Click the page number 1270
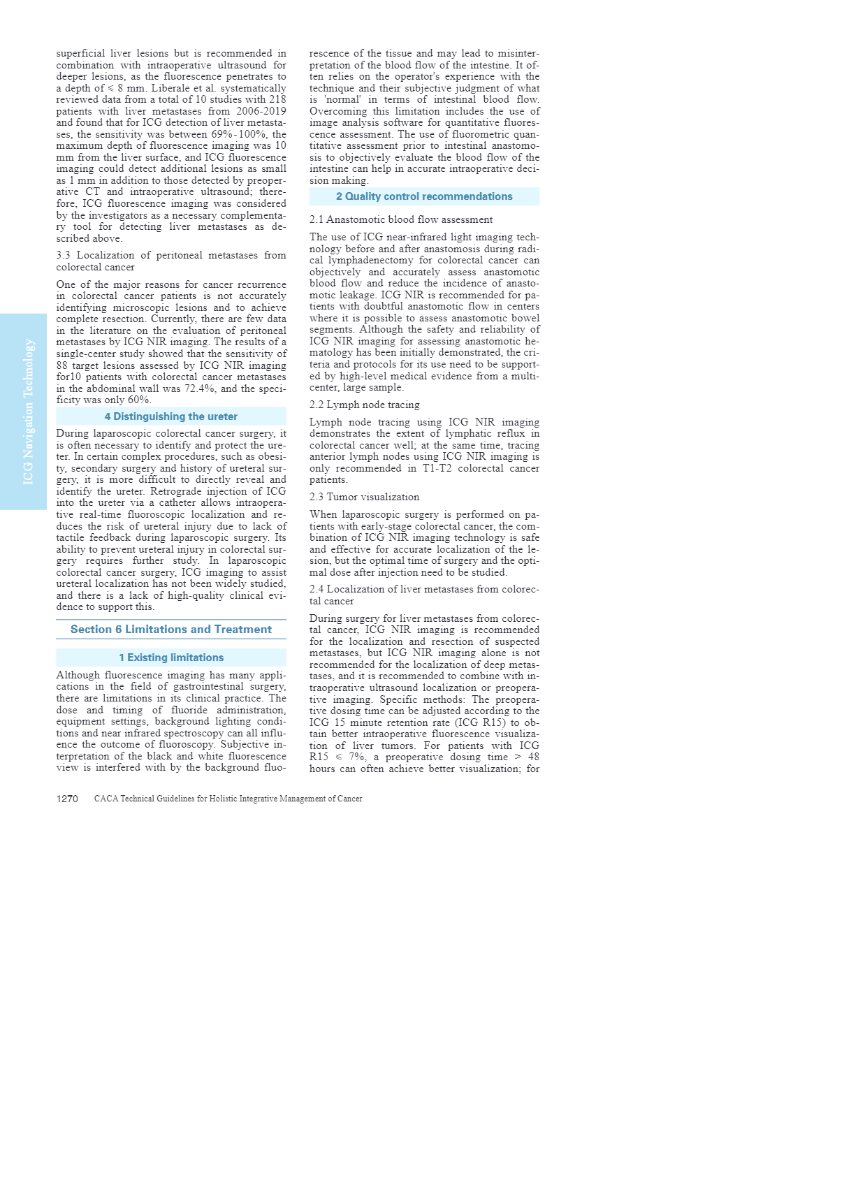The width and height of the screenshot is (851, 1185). [x=67, y=799]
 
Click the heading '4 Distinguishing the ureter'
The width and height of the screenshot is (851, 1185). [x=171, y=416]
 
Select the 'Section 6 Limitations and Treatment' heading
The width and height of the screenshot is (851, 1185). [x=171, y=630]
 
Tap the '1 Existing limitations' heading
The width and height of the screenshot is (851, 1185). [x=171, y=657]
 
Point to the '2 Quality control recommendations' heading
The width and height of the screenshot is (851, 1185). [x=424, y=196]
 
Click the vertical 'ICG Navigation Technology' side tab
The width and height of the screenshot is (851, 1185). [x=29, y=412]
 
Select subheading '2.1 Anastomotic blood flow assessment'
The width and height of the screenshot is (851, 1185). [x=401, y=219]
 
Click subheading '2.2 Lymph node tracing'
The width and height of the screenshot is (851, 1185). [x=365, y=405]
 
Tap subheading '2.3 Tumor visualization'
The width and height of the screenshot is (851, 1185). [x=365, y=497]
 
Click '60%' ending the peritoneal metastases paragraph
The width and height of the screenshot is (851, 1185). [x=138, y=400]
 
